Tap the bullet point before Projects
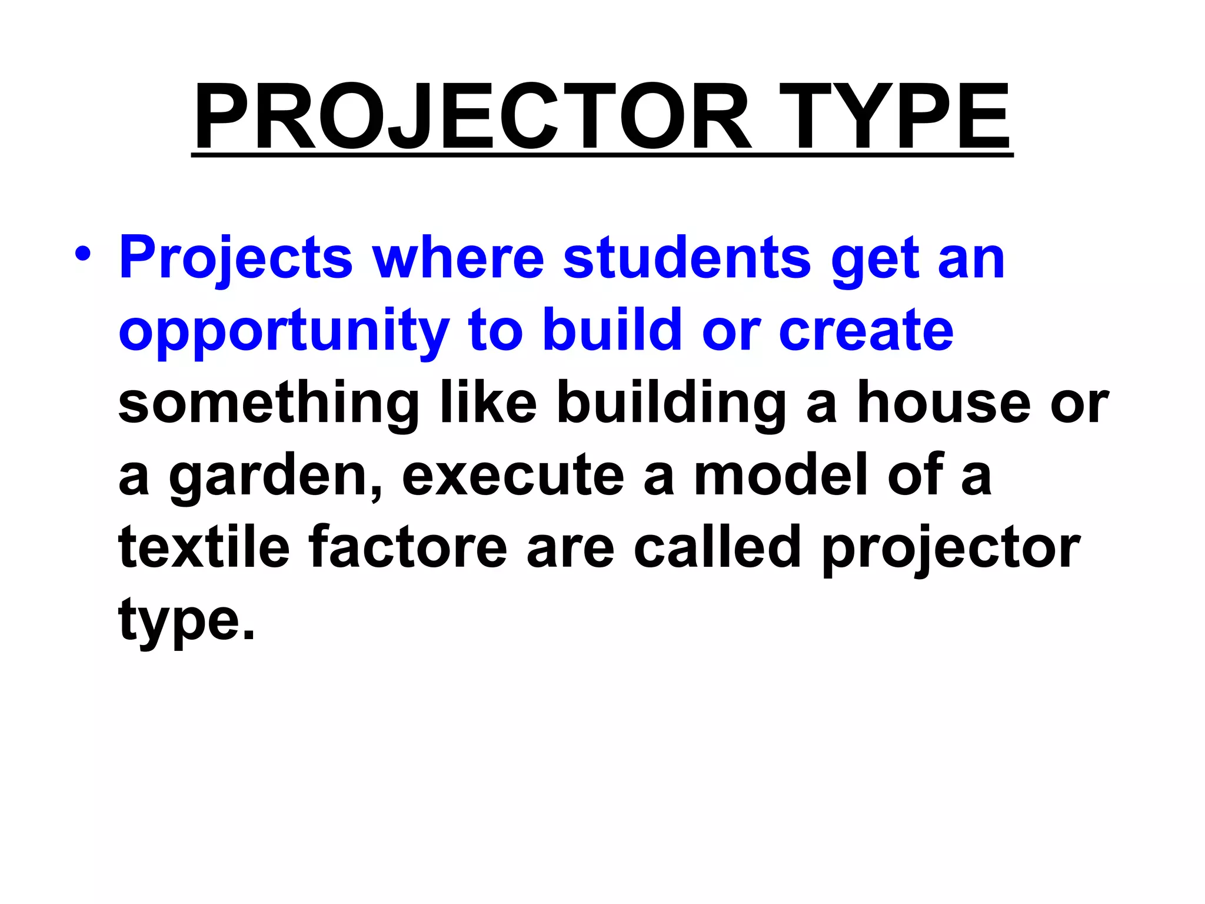[x=83, y=254]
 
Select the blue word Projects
[x=236, y=259]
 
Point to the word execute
[x=512, y=476]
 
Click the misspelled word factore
[x=408, y=547]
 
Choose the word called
[x=717, y=547]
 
